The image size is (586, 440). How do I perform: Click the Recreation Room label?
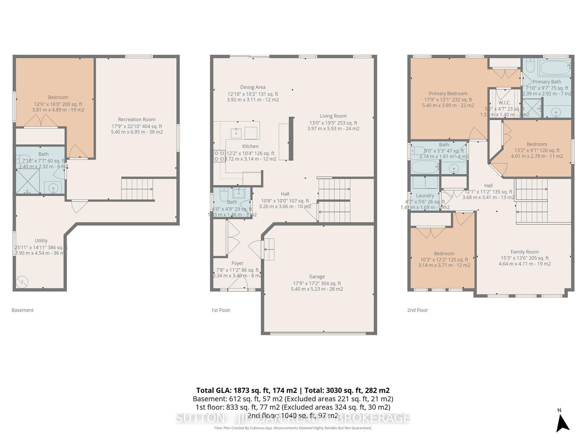pos(137,119)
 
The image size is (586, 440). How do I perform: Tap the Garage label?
pos(317,276)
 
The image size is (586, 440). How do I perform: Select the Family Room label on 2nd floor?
pos(524,252)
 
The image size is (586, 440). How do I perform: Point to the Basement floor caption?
pos(22,310)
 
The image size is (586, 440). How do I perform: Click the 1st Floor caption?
pos(220,310)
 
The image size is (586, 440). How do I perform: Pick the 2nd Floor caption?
pos(417,310)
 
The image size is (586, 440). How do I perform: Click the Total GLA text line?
pos(293,390)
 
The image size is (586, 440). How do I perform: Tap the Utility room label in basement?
pos(41,241)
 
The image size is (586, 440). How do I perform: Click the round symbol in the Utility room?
pos(22,282)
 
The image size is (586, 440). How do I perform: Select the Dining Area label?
pos(253,87)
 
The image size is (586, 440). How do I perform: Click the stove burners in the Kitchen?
pos(219,156)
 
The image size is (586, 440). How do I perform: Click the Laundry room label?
pos(425,195)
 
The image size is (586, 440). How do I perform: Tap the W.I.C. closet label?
pos(504,103)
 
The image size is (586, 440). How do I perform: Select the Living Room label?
pos(333,116)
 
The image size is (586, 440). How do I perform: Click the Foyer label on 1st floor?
pos(237,263)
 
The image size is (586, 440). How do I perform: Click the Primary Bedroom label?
pos(448,93)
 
